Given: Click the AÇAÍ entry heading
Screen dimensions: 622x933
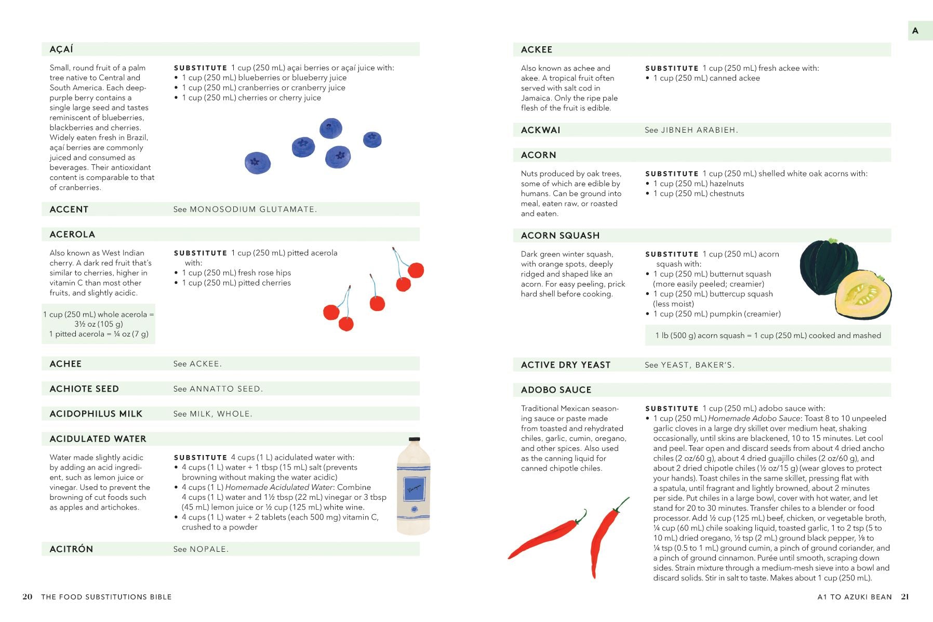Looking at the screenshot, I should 61,49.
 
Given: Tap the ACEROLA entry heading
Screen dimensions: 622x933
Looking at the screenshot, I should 72,235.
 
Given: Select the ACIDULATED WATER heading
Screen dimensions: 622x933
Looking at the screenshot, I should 98,439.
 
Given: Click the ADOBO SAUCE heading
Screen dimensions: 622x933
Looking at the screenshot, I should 556,390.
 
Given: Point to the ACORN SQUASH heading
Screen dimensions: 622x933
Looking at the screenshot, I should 560,236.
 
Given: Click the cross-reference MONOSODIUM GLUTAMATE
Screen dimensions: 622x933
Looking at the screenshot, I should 252,210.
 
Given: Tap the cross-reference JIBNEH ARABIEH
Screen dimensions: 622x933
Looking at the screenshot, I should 699,130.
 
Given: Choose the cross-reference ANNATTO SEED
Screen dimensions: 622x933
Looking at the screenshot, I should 225,389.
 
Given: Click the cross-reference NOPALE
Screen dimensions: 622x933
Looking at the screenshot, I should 208,549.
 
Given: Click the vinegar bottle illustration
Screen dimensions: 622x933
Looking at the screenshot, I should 414,486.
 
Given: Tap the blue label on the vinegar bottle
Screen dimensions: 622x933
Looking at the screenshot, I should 414,489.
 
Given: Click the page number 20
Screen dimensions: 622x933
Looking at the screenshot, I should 28,597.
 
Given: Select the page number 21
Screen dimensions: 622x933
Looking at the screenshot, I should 905,597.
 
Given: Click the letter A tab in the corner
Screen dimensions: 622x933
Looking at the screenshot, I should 915,31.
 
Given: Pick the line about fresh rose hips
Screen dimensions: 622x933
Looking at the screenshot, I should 236,273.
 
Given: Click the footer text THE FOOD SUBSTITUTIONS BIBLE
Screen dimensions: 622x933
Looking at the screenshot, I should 106,597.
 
